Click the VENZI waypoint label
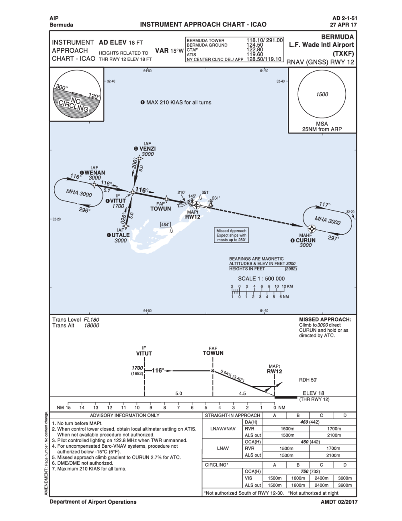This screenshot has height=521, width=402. point(147,149)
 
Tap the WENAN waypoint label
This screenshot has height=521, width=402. point(94,173)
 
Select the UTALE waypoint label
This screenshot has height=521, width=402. point(120,235)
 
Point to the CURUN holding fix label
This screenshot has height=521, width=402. point(306,240)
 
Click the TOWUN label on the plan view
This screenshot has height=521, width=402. point(160,209)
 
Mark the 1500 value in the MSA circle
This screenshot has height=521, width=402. point(322,94)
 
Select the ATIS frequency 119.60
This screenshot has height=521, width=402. point(254,54)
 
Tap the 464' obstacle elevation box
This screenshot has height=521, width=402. point(165,225)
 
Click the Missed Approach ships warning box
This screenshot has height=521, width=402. point(231,235)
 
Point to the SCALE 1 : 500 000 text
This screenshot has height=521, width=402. point(261,278)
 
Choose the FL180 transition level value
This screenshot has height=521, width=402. point(91,320)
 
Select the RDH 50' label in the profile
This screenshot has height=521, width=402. point(308,380)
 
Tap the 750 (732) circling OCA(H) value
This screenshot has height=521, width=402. point(310,471)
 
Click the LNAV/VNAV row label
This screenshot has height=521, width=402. point(223,429)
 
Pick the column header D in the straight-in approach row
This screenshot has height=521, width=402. point(345,415)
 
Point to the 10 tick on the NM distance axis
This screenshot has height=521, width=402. point(137,407)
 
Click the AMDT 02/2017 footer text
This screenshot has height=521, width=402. point(339,502)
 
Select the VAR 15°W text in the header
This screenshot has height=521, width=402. point(169,51)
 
